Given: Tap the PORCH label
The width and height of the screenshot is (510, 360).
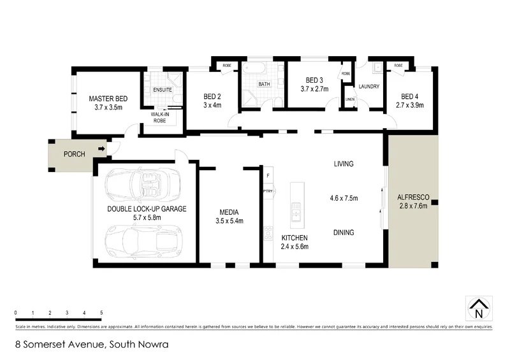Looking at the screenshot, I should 75,154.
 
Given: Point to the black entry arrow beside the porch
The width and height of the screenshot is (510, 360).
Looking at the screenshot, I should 101,150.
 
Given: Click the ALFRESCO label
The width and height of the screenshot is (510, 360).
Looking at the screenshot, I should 411,198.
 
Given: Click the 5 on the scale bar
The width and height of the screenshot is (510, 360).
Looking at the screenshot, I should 101,312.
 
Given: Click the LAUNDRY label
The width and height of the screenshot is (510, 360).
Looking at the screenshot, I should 369,86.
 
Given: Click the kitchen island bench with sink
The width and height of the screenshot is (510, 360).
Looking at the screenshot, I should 296,206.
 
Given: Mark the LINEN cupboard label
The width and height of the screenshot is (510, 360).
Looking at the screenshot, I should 350,100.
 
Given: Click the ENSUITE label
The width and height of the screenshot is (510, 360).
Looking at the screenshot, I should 162,90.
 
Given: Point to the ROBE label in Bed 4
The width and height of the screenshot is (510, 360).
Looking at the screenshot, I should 398,66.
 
